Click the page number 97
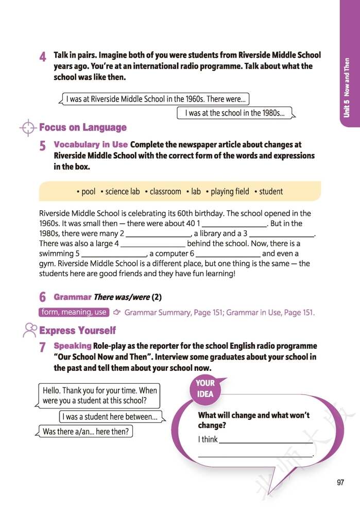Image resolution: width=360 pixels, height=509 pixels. tap(340, 482)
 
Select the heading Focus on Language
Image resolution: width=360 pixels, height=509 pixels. tap(83, 127)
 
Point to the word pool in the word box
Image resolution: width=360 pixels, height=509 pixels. tap(88, 191)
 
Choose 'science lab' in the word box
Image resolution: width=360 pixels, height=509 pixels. tap(122, 191)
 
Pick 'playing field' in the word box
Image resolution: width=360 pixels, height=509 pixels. tap(229, 191)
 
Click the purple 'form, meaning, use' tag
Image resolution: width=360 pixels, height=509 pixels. tap(74, 312)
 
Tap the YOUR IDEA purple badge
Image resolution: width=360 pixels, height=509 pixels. tap(205, 388)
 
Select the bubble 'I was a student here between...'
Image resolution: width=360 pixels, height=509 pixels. tap(110, 416)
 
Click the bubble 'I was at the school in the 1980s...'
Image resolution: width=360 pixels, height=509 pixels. tap(234, 113)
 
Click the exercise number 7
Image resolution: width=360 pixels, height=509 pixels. tap(43, 348)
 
